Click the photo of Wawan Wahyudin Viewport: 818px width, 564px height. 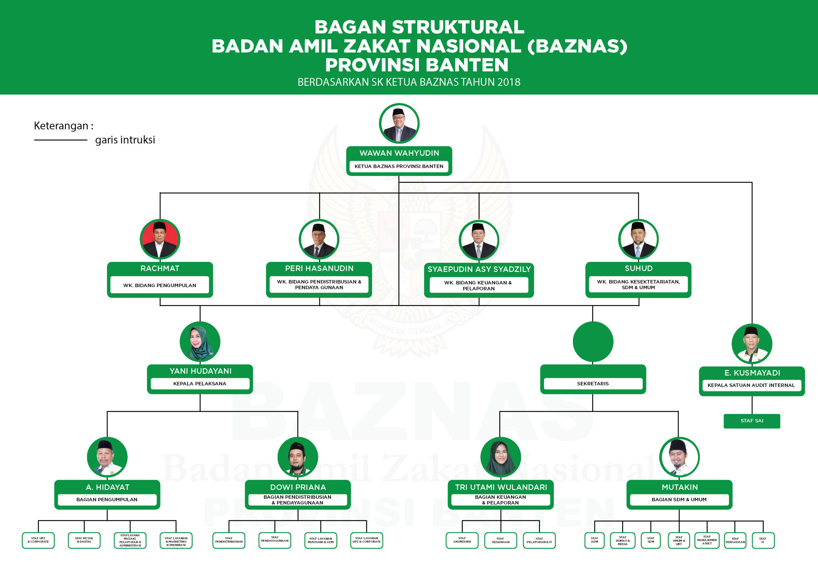point(399,123)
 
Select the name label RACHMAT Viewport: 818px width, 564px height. point(160,268)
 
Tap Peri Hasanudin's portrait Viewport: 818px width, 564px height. point(319,239)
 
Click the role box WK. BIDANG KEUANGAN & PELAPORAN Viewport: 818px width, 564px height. point(479,285)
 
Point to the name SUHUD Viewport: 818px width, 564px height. point(638,268)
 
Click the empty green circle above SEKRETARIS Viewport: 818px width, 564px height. point(593,341)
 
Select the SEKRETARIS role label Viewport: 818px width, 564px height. point(593,383)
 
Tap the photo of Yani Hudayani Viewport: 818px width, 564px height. point(200,342)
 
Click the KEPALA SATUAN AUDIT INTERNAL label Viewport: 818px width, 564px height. point(751,385)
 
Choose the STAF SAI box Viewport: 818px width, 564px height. point(752,421)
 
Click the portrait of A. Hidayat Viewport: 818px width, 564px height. point(107,457)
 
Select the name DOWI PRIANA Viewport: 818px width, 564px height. point(298,487)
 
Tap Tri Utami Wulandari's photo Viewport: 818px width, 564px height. point(500,457)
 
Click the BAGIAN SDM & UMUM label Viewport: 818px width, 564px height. point(679,500)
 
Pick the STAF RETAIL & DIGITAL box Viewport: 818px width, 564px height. point(84,540)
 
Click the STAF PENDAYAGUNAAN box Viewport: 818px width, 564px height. point(275,540)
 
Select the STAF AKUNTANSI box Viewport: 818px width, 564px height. point(462,540)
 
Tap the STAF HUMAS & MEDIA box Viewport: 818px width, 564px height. point(622,541)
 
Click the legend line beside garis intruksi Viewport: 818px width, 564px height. point(61,140)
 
